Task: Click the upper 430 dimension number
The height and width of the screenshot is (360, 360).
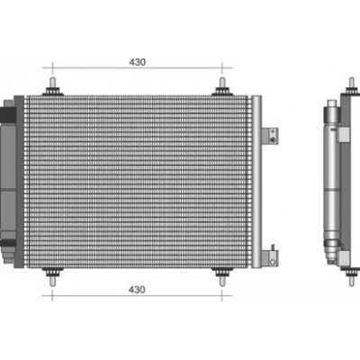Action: click(x=138, y=62)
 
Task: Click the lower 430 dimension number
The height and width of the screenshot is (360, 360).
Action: click(x=137, y=290)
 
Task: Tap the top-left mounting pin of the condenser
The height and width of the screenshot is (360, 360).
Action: click(x=52, y=86)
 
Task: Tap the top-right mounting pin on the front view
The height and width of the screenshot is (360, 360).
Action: click(x=222, y=86)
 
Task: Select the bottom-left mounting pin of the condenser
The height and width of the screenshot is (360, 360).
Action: click(x=52, y=276)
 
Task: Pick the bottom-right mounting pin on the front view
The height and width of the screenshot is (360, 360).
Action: click(x=222, y=276)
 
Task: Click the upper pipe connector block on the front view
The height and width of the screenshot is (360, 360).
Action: click(x=270, y=136)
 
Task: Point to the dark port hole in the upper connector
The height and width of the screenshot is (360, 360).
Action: click(x=273, y=140)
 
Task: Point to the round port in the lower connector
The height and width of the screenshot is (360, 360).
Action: click(x=273, y=262)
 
